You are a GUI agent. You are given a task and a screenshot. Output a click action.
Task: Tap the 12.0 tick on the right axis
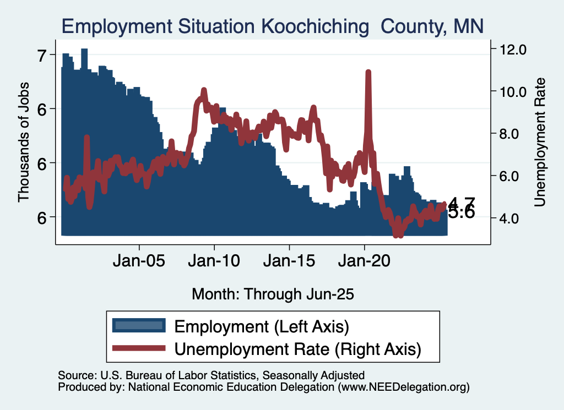(x=513, y=49)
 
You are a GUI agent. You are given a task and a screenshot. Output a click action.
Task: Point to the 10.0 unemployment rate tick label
(x=513, y=91)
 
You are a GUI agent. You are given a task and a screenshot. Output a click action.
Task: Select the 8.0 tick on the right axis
(x=513, y=134)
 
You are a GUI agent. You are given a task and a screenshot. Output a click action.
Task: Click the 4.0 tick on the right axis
(x=513, y=218)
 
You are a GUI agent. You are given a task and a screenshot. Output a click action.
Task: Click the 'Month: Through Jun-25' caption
(x=272, y=294)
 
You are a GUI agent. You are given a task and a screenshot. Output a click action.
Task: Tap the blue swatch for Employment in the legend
(x=138, y=326)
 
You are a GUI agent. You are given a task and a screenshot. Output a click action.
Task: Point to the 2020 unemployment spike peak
(x=368, y=72)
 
